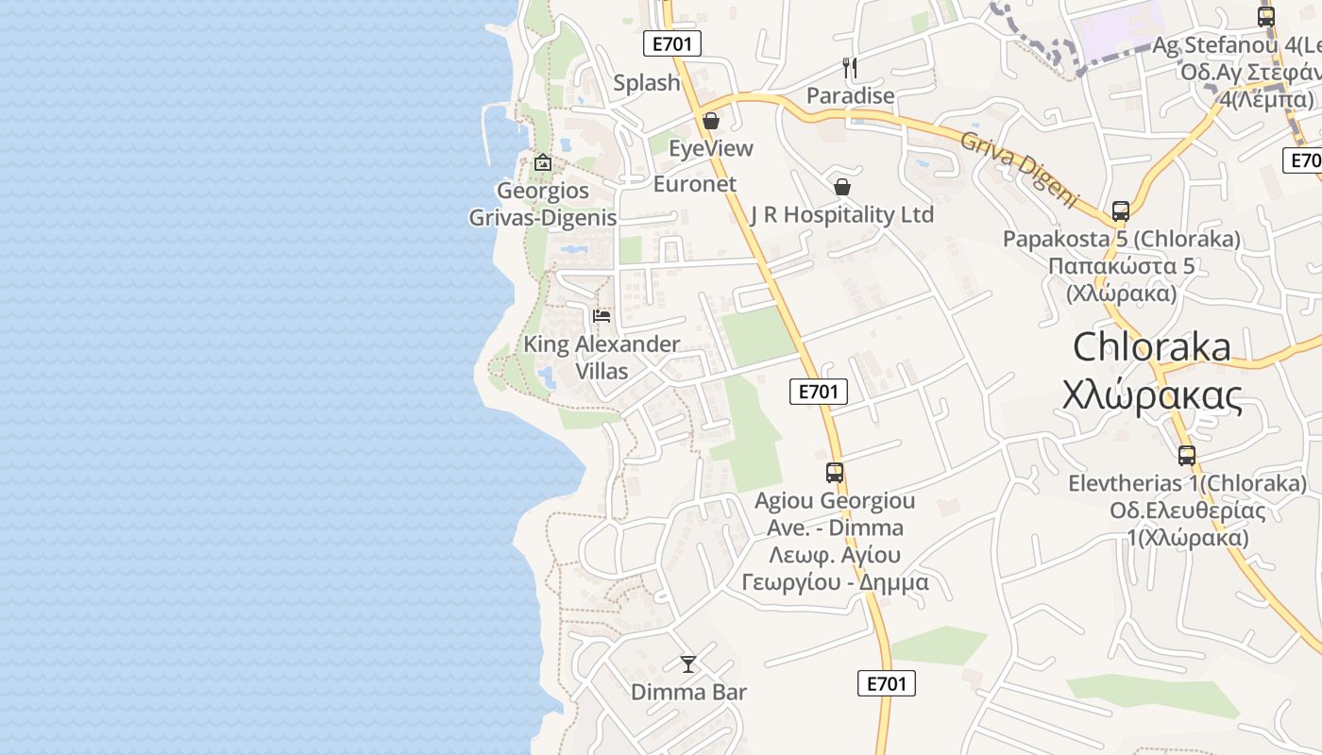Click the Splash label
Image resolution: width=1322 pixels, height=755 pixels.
point(647,83)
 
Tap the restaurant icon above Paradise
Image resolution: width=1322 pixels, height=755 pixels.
point(850,67)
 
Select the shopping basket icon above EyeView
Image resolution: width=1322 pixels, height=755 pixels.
point(711,121)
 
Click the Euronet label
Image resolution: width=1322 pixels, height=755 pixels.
point(695,184)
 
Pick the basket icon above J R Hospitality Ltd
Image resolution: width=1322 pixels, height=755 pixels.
point(842,187)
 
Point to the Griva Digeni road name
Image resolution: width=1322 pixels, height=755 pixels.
point(1019,168)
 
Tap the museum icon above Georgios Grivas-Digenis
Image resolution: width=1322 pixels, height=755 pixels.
point(543,162)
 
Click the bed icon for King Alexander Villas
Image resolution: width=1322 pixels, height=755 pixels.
point(602,315)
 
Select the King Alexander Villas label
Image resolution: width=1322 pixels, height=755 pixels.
point(602,358)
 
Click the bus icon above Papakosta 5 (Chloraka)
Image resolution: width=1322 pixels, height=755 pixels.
point(1121,210)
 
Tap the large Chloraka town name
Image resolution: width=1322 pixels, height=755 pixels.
point(1152,347)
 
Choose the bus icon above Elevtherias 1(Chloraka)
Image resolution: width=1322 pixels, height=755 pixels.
point(1187,456)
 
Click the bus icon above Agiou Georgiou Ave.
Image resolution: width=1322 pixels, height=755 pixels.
point(835,473)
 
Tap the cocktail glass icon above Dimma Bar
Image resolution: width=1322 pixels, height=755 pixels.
point(688,664)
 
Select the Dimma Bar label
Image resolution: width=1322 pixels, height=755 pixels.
point(688,693)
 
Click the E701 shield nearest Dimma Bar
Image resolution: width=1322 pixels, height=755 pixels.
point(887,683)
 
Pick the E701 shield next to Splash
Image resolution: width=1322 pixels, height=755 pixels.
point(672,43)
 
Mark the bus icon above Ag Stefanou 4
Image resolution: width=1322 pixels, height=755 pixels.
point(1266,17)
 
